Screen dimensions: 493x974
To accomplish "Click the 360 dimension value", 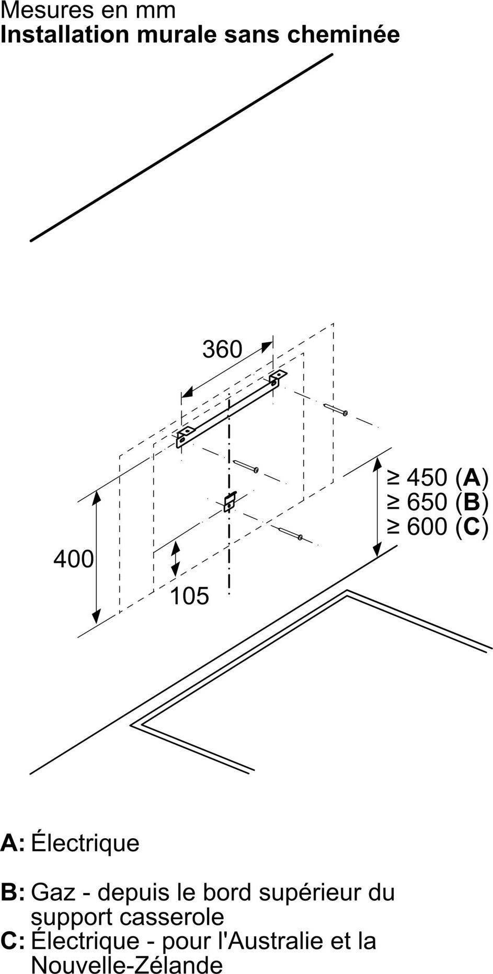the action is coord(222,349).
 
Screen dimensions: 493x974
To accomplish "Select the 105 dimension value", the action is coord(189,595).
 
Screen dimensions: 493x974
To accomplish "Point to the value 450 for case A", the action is coord(427,477).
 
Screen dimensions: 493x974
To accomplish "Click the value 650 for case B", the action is coord(427,502).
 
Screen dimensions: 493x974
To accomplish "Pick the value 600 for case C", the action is coord(427,526).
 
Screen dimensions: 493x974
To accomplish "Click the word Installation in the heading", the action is coord(65,34).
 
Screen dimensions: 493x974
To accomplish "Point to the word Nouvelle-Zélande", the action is coord(127,964).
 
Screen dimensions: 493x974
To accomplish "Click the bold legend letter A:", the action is coord(13,843).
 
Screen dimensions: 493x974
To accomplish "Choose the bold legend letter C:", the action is coord(13,941).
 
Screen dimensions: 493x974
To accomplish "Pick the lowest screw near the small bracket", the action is coord(292,533).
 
